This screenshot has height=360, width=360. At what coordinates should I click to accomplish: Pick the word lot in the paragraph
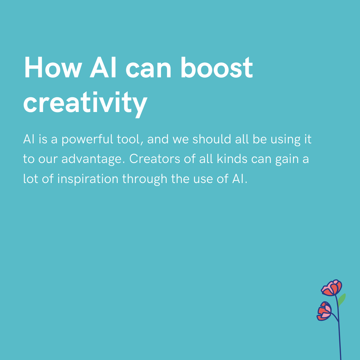[30, 179]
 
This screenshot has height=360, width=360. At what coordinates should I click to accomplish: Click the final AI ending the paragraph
[239, 179]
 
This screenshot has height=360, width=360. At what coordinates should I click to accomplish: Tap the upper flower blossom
[332, 288]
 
